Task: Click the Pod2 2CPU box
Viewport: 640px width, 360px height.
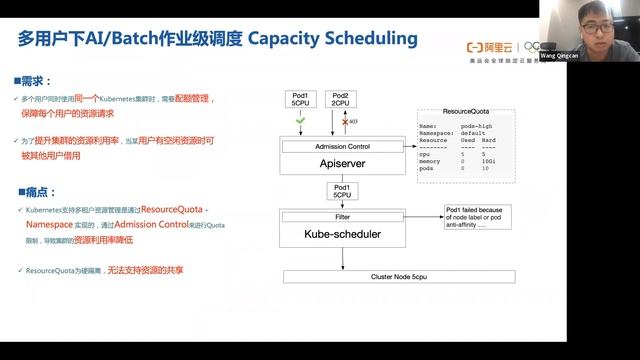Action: (x=341, y=97)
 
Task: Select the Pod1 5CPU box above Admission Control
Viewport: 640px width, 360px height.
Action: (x=301, y=97)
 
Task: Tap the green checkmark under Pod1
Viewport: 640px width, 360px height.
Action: (x=301, y=121)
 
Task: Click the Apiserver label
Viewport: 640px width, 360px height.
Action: (x=343, y=163)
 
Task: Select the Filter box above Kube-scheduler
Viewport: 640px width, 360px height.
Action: (x=343, y=216)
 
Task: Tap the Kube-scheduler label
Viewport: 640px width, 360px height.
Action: (x=343, y=233)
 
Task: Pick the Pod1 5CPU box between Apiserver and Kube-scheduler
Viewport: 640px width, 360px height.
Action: (x=342, y=190)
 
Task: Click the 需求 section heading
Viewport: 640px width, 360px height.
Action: (x=36, y=80)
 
